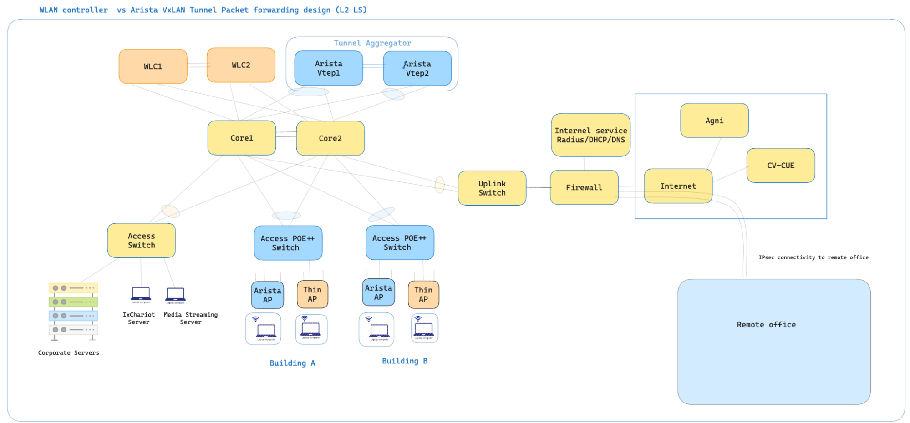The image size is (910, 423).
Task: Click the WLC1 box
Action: (x=153, y=66)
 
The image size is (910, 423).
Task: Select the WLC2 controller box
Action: (x=241, y=65)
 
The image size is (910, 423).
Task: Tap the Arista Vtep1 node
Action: (x=328, y=68)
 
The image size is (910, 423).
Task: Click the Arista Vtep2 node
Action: (x=417, y=68)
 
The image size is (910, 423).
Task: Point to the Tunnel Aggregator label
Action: (x=372, y=43)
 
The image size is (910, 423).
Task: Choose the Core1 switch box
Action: (x=242, y=138)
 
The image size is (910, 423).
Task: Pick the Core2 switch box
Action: (x=330, y=138)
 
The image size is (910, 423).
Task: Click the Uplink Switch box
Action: (x=492, y=188)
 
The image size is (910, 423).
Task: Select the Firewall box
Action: (x=584, y=187)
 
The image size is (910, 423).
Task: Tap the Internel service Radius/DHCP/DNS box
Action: (x=590, y=135)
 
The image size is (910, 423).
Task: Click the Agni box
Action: (x=714, y=121)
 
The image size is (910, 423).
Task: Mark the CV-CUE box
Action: (x=780, y=166)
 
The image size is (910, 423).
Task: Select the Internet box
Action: (x=678, y=186)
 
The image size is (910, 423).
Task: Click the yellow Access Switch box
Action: (x=141, y=241)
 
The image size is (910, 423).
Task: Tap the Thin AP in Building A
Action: (x=312, y=294)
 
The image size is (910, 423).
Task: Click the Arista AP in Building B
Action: (x=378, y=292)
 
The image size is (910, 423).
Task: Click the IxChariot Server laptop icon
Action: (x=141, y=295)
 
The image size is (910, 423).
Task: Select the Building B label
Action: (x=404, y=361)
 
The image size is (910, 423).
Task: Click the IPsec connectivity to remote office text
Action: (x=813, y=257)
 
